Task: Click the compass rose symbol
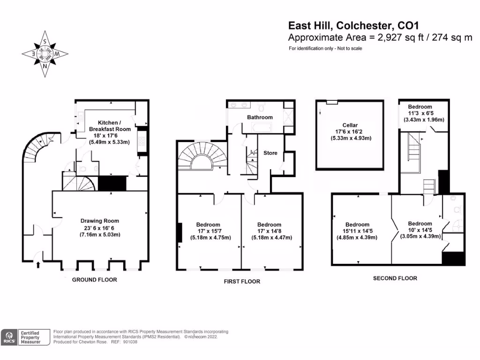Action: pos(45,54)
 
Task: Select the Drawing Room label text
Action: pos(100,221)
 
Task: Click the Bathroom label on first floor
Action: pos(260,117)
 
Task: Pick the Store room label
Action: pos(270,153)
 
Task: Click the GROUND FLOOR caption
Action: pos(94,280)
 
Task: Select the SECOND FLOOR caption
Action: pos(395,278)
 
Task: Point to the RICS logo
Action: pos(9,337)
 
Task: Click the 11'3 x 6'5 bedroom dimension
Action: pos(420,113)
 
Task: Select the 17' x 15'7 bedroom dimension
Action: pos(209,231)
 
